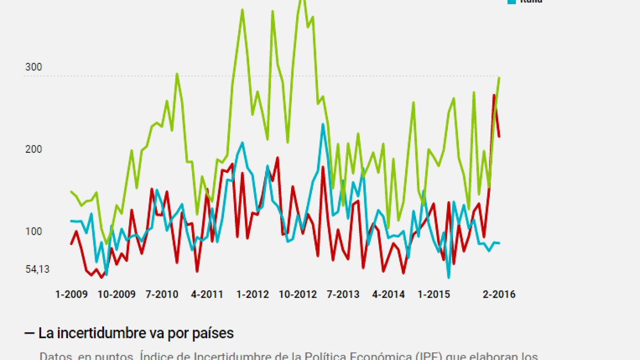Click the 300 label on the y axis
pos(33,67)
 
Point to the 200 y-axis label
pos(33,149)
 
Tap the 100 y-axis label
pos(33,231)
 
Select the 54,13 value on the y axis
pos(37,269)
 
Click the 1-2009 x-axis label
pos(71,294)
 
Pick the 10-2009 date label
pos(116,294)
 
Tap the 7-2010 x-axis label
pos(162,294)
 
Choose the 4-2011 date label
pos(207,294)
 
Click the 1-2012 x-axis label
pos(252,294)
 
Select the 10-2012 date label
pos(298,294)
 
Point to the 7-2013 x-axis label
pos(343,294)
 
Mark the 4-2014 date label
pos(388,294)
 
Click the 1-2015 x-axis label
pos(434,294)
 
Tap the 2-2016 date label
pos(499,294)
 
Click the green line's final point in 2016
pos(499,78)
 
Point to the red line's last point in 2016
pos(499,136)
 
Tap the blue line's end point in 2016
pos(499,243)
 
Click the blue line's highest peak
pos(323,124)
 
